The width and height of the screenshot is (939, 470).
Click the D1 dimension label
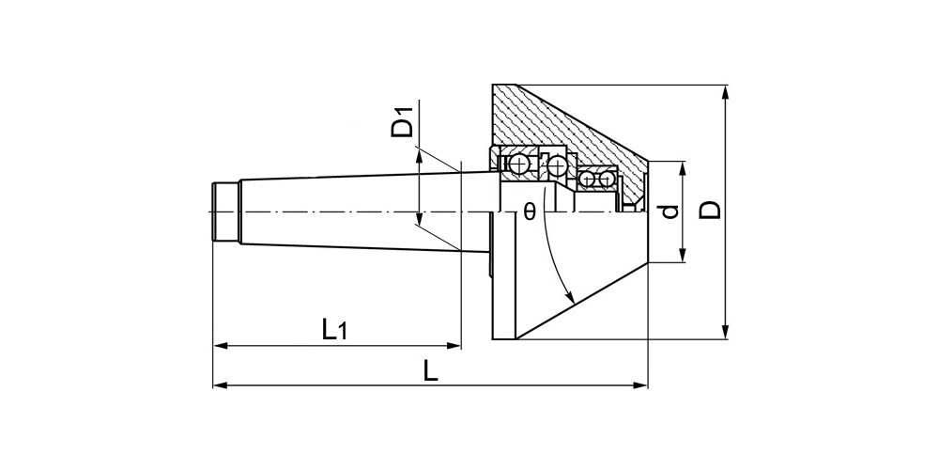click(403, 120)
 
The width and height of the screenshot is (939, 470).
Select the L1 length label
click(334, 330)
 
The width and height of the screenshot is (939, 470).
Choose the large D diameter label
click(711, 211)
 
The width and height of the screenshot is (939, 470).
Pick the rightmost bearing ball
click(606, 179)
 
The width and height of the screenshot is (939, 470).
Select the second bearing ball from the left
click(557, 164)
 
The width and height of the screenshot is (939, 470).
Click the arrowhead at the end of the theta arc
click(570, 296)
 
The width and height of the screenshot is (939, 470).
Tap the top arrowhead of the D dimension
click(726, 92)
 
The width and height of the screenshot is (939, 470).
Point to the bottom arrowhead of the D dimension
click(726, 332)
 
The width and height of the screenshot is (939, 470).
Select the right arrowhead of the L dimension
click(640, 384)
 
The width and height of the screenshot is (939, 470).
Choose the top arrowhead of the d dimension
click(683, 169)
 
